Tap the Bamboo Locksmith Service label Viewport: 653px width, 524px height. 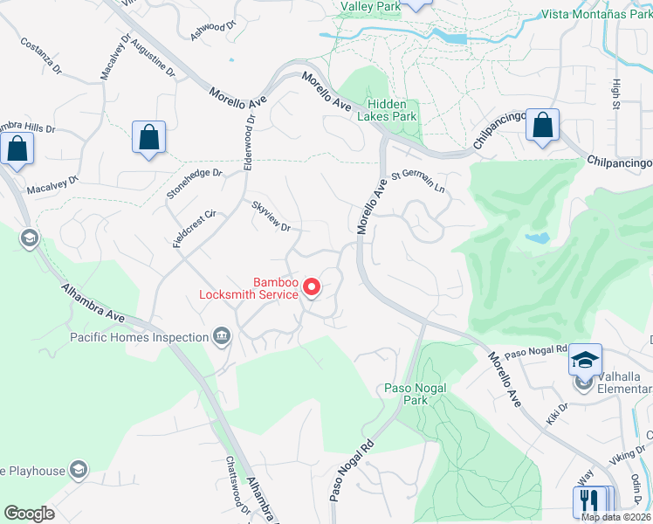coord(249,288)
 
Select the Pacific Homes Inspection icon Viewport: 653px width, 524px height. coord(222,337)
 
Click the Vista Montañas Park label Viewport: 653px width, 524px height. coord(596,14)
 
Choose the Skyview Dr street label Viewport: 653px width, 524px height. coord(271,216)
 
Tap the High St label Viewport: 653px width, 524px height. coord(617,94)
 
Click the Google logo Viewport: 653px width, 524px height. coord(29,514)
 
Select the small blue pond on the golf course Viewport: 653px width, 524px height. coord(538,238)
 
